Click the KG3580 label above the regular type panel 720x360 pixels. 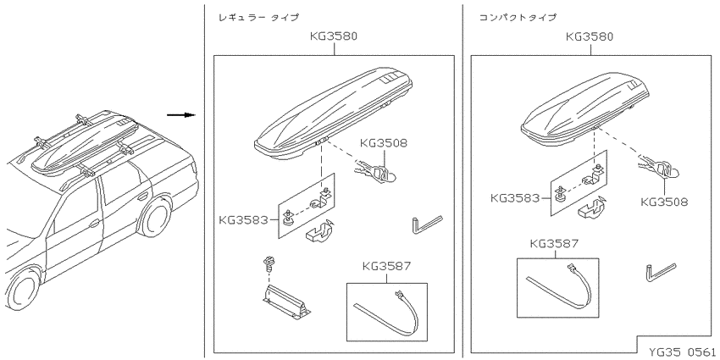pyautogui.click(x=334, y=36)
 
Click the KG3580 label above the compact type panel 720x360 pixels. pyautogui.click(x=590, y=36)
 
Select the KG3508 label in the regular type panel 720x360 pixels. pyautogui.click(x=384, y=143)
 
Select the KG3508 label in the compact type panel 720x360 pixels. pyautogui.click(x=664, y=202)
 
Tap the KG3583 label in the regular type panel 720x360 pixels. pyautogui.click(x=243, y=220)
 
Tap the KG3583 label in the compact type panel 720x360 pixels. pyautogui.click(x=515, y=198)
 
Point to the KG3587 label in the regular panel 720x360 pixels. pyautogui.click(x=386, y=266)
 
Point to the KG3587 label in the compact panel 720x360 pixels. pyautogui.click(x=554, y=243)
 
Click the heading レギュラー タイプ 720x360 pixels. pyautogui.click(x=258, y=18)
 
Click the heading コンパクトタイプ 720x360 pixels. pyautogui.click(x=518, y=18)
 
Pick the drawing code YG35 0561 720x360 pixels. pyautogui.click(x=682, y=352)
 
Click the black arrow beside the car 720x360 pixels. pyautogui.click(x=181, y=114)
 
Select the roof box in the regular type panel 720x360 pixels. pyautogui.click(x=334, y=114)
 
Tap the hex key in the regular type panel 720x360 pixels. pyautogui.click(x=426, y=224)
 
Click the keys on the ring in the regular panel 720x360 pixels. pyautogui.click(x=374, y=173)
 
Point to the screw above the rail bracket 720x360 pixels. pyautogui.click(x=266, y=264)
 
